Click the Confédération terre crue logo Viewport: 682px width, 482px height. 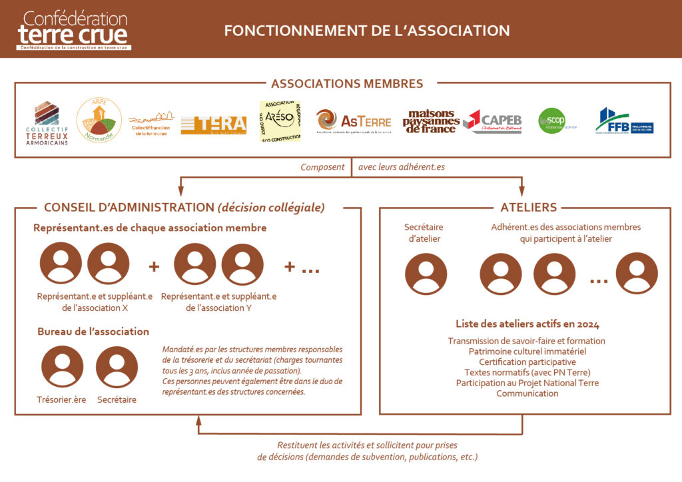[73, 30]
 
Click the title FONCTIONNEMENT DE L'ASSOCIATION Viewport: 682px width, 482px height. [367, 31]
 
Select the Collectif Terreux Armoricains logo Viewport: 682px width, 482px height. [47, 123]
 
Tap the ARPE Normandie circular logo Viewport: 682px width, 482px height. [99, 120]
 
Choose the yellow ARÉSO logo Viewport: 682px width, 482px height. [280, 121]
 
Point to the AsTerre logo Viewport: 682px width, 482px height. [354, 122]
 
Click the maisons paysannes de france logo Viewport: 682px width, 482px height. [431, 122]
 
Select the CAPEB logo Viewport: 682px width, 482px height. [492, 122]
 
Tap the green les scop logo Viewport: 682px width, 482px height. [552, 121]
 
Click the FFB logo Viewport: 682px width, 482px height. [623, 121]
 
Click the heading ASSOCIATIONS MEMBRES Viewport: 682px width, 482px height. [346, 84]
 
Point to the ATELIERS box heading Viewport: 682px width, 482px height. [528, 207]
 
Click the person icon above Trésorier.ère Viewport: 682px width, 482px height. [63, 367]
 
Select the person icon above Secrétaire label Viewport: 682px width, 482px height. [117, 367]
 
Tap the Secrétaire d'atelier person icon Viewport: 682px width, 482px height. [426, 274]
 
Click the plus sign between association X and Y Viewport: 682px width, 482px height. [155, 266]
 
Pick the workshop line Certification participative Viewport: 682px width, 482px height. [527, 361]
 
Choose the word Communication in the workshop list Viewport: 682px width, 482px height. [527, 393]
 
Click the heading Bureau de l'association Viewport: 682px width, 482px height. [93, 332]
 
